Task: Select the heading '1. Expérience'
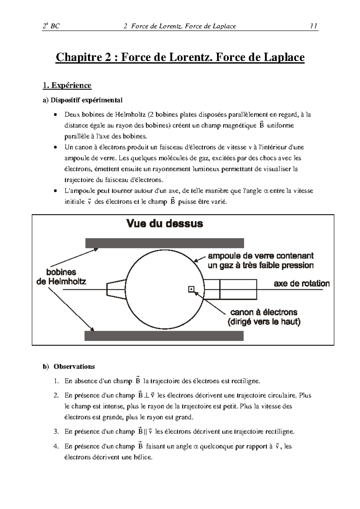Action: coord(67,85)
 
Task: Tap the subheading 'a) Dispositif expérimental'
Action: coord(82,100)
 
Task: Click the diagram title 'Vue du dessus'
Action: coord(165,223)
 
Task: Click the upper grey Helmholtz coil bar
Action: coord(164,243)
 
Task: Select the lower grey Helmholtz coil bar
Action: coord(164,336)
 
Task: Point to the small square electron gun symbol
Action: coord(191,289)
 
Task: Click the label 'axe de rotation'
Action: coord(301,284)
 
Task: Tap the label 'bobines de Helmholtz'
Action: coord(61,277)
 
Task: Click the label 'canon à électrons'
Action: coord(264,312)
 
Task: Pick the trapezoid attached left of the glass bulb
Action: coord(116,290)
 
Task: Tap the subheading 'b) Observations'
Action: coord(69,367)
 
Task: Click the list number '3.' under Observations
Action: coord(56,432)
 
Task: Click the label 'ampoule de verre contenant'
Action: coord(261,256)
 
